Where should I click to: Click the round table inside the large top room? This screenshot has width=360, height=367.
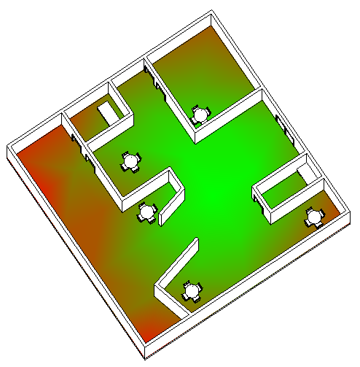pos(200,115)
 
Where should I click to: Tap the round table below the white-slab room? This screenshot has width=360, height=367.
pos(131,161)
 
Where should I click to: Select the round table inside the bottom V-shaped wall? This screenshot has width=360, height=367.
pos(192,290)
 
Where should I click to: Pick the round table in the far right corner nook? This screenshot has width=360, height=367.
pos(315,217)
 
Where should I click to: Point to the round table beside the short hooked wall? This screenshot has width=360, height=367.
pos(147,212)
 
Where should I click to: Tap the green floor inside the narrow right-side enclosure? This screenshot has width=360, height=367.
pos(284,192)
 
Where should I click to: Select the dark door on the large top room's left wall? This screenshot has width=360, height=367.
pos(154,80)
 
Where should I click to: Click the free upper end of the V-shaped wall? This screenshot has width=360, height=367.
pos(195,242)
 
